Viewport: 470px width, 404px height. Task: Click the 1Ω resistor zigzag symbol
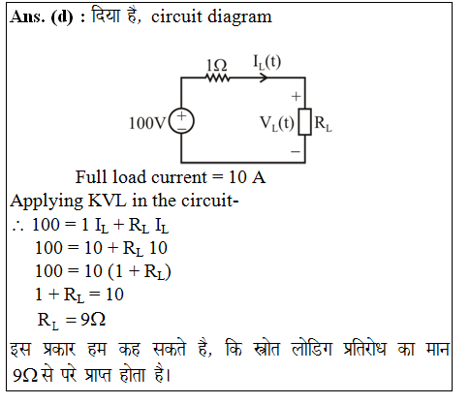click(217, 78)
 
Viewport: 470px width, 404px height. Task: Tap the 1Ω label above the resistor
click(216, 66)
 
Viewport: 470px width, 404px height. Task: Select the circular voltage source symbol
click(181, 121)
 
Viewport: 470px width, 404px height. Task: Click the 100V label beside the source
click(147, 123)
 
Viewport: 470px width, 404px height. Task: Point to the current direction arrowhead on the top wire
click(264, 78)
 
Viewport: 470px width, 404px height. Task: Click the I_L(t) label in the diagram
click(266, 62)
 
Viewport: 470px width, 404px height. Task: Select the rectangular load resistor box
click(304, 121)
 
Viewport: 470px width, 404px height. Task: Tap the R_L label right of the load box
click(323, 124)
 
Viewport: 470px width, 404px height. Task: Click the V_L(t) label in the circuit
click(277, 124)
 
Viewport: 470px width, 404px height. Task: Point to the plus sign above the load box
click(296, 96)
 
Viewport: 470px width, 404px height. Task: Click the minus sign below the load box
click(296, 151)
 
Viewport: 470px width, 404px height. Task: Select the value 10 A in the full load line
click(247, 177)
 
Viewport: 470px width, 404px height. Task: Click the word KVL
click(107, 201)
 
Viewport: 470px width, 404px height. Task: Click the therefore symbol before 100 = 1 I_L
click(17, 227)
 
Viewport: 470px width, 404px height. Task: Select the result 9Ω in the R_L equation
click(93, 320)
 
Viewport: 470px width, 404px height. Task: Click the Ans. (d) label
click(42, 16)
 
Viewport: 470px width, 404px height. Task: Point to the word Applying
click(47, 202)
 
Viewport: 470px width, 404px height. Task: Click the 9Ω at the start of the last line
click(25, 375)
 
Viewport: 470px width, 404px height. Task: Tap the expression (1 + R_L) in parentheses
click(140, 271)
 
